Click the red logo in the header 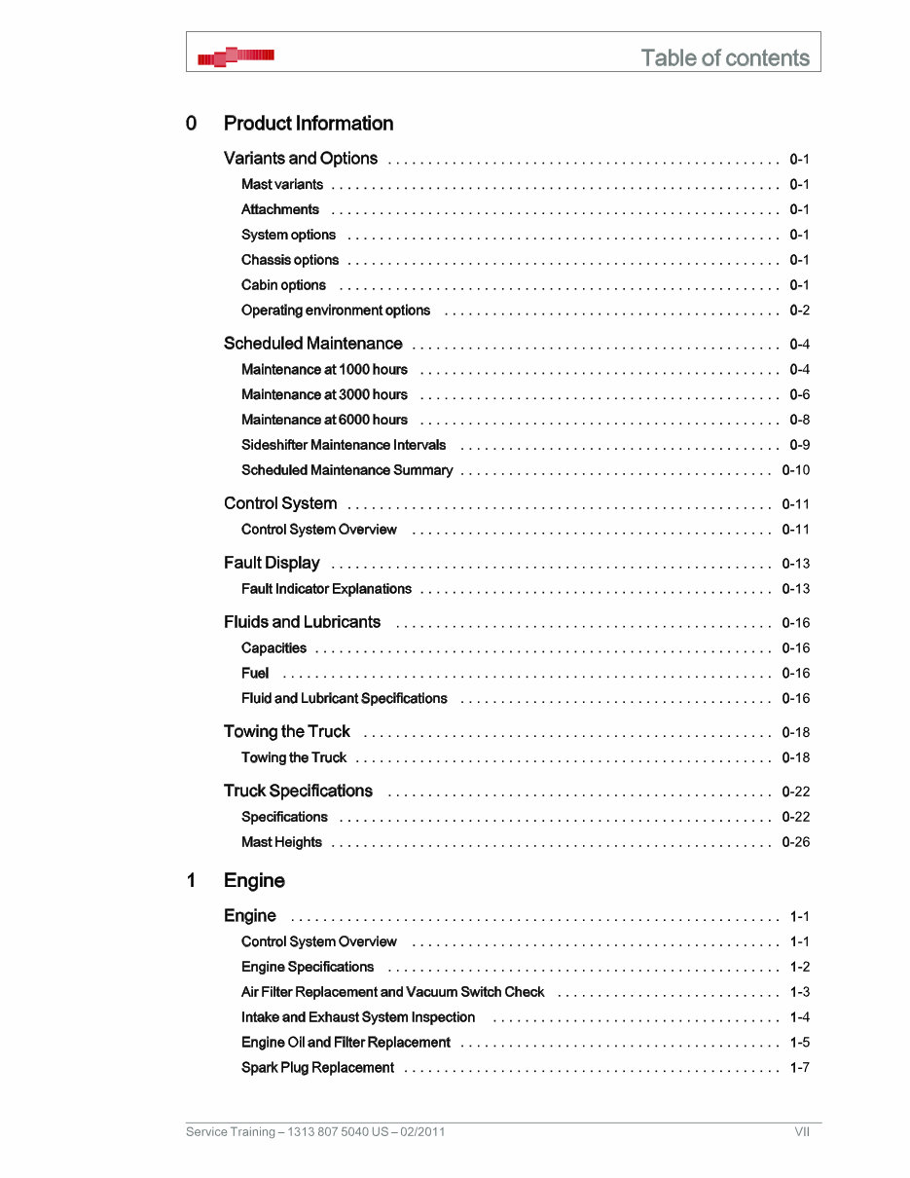[236, 57]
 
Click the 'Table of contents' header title [725, 57]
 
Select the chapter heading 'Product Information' [309, 124]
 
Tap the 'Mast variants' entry [282, 184]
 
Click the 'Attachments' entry [280, 209]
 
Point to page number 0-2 [799, 311]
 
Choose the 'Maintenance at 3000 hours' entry [324, 394]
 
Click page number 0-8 [799, 420]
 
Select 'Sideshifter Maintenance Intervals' [344, 445]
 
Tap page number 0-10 [795, 470]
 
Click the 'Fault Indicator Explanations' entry [326, 589]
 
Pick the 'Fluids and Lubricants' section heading [302, 622]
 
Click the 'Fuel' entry [255, 673]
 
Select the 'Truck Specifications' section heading [298, 791]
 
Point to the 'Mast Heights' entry [281, 842]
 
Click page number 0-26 [795, 842]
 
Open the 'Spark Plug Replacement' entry [317, 1068]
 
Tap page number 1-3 [799, 992]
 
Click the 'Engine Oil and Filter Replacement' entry [346, 1043]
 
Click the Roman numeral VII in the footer [801, 1131]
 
